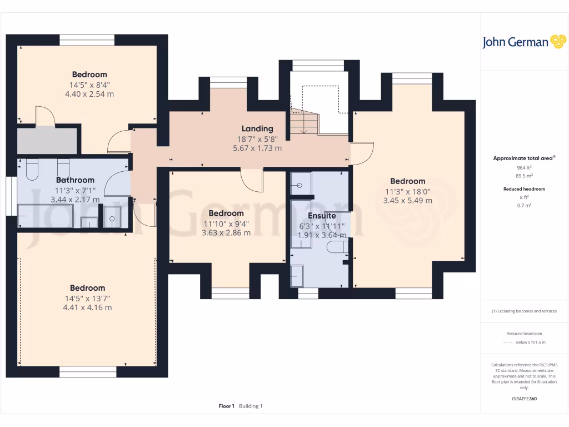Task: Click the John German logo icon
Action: coord(557,42)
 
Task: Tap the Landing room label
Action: coord(257,128)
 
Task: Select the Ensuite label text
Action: coord(322,216)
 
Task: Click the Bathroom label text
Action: coord(75,180)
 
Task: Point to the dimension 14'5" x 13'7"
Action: coord(87,298)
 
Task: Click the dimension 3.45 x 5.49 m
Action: coord(407,201)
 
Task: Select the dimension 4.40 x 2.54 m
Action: coord(89,94)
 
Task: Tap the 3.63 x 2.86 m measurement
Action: coord(226,232)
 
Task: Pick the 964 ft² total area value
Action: coord(525,167)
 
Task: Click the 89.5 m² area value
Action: coord(525,175)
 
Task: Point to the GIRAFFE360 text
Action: coord(525,399)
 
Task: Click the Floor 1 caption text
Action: coord(226,406)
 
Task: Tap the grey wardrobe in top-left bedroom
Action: coord(47,141)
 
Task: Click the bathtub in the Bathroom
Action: coord(46,216)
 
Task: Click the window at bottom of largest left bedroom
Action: coord(88,371)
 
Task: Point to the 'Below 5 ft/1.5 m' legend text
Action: coord(531,342)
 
